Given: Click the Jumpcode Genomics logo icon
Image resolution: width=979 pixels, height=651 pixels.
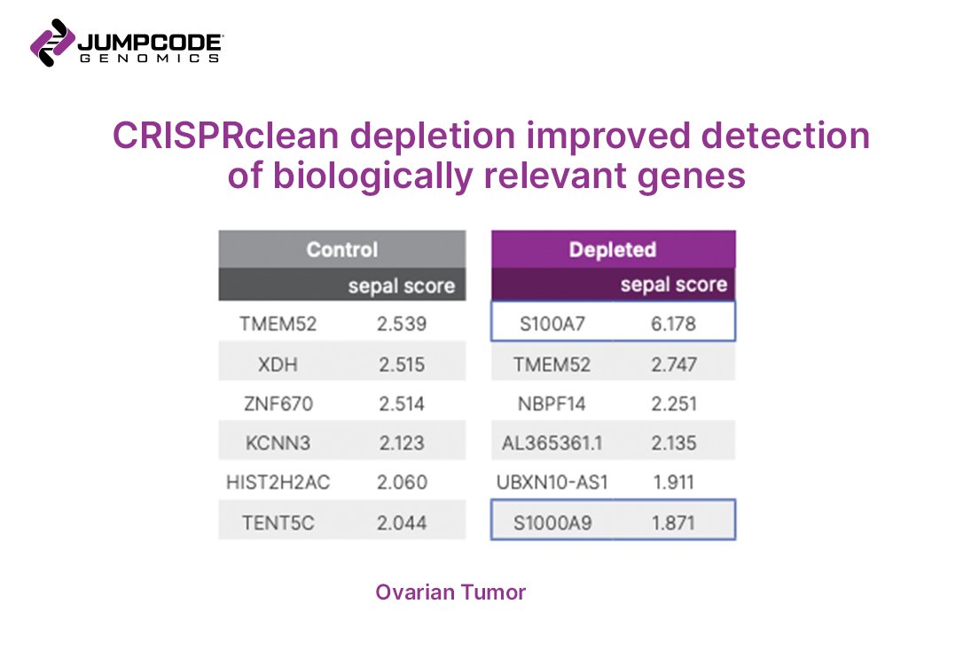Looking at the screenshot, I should (52, 43).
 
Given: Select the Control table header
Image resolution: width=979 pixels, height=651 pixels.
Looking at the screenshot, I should (341, 249).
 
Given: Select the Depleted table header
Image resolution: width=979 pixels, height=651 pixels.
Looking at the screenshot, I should (613, 249).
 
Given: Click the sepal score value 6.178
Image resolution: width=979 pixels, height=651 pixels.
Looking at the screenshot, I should (673, 324).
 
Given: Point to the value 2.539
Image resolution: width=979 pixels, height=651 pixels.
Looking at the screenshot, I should (402, 324).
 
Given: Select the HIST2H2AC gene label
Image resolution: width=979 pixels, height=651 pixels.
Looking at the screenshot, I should (278, 482).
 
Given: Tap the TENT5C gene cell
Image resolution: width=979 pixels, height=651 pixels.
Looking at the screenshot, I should (278, 522).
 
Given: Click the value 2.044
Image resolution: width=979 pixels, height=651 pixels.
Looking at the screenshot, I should (402, 522).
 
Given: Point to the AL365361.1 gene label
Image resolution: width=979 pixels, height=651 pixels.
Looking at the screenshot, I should (552, 443).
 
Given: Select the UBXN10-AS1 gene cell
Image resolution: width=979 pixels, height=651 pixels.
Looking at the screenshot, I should (552, 482).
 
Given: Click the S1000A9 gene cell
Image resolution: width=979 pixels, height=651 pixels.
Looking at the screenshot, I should (552, 522).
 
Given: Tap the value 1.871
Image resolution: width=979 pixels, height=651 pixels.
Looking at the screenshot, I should (673, 522).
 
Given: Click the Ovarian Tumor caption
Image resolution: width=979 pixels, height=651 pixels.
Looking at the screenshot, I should (450, 592).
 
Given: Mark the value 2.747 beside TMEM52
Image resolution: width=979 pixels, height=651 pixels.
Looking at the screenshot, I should (673, 365).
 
